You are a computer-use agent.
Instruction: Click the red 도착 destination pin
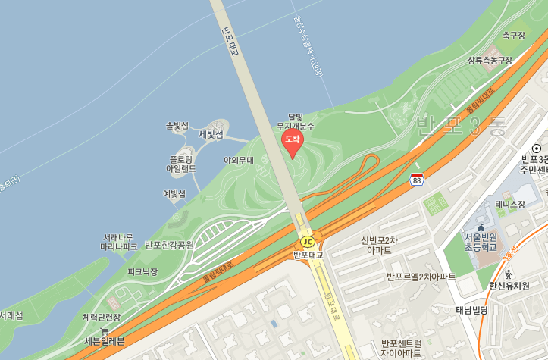(292, 141)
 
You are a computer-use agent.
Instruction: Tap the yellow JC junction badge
(307, 241)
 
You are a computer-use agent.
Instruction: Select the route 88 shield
(416, 180)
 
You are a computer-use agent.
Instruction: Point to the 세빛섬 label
(211, 134)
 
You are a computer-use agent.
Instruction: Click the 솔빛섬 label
(177, 125)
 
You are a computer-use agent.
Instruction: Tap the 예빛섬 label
(174, 193)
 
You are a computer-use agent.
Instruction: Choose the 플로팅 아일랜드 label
(182, 164)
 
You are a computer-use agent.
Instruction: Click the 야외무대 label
(239, 160)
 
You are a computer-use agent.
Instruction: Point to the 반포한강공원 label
(169, 245)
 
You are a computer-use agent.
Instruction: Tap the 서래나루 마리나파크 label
(120, 242)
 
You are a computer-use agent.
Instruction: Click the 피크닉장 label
(142, 271)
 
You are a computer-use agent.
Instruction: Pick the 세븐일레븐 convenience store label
(105, 341)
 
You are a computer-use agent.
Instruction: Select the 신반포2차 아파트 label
(379, 245)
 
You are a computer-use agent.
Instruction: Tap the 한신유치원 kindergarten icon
(509, 274)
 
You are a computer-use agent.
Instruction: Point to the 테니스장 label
(510, 204)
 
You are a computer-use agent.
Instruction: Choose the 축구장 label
(513, 35)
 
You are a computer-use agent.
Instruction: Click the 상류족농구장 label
(490, 60)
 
